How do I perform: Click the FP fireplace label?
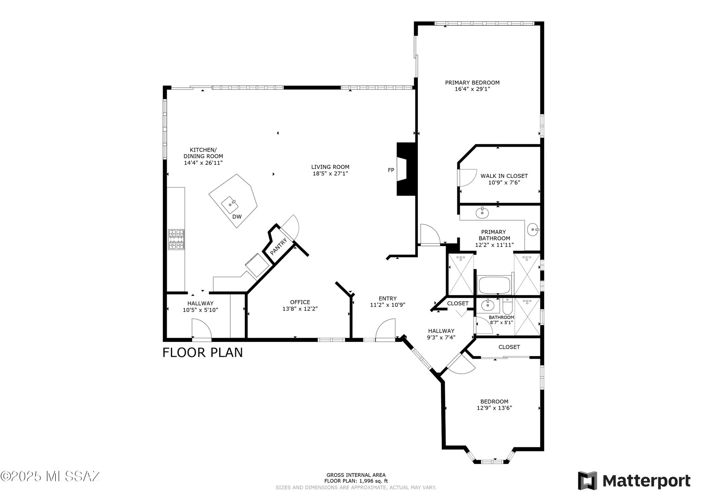click(391, 170)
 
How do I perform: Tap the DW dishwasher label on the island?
click(237, 217)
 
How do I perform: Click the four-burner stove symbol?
click(176, 240)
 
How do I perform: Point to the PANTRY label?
click(279, 246)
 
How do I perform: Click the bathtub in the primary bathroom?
click(494, 285)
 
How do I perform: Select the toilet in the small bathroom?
click(507, 307)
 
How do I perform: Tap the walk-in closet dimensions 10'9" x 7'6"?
click(504, 182)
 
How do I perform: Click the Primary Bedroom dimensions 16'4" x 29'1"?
click(472, 89)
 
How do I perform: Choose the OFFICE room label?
click(300, 302)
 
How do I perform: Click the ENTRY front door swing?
click(385, 330)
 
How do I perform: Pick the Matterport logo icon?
click(587, 480)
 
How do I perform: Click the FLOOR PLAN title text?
click(202, 353)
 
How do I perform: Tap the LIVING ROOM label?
click(330, 167)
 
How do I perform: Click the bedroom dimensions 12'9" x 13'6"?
click(494, 408)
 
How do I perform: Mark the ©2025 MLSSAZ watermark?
click(50, 476)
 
